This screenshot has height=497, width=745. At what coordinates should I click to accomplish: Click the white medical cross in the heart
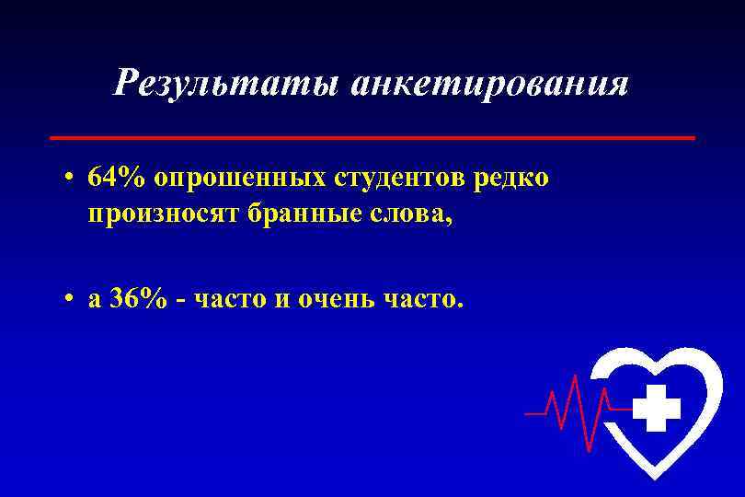coord(657,408)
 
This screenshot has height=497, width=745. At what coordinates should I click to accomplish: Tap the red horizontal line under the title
coord(372,137)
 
